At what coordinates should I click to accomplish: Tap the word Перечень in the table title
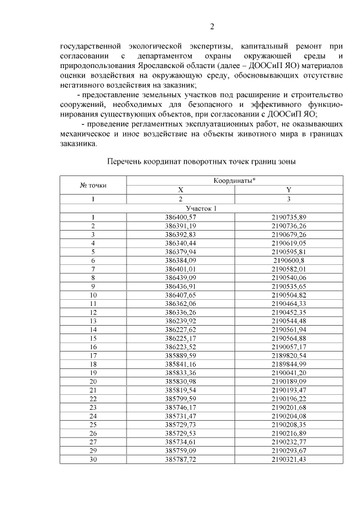[x=125, y=161]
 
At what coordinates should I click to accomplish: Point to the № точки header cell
[x=92, y=184]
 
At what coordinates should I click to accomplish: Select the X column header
[x=181, y=190]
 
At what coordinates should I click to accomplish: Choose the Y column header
[x=288, y=190]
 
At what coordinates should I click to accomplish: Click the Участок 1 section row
[x=201, y=208]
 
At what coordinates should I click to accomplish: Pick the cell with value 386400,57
[x=181, y=217]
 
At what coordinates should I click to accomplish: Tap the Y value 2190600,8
[x=288, y=260]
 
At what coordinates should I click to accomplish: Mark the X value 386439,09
[x=181, y=277]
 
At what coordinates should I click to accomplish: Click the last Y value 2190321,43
[x=288, y=460]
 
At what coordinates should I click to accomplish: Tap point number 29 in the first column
[x=92, y=451]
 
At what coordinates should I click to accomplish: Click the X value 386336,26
[x=181, y=312]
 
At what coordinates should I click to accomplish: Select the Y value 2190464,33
[x=288, y=304]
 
